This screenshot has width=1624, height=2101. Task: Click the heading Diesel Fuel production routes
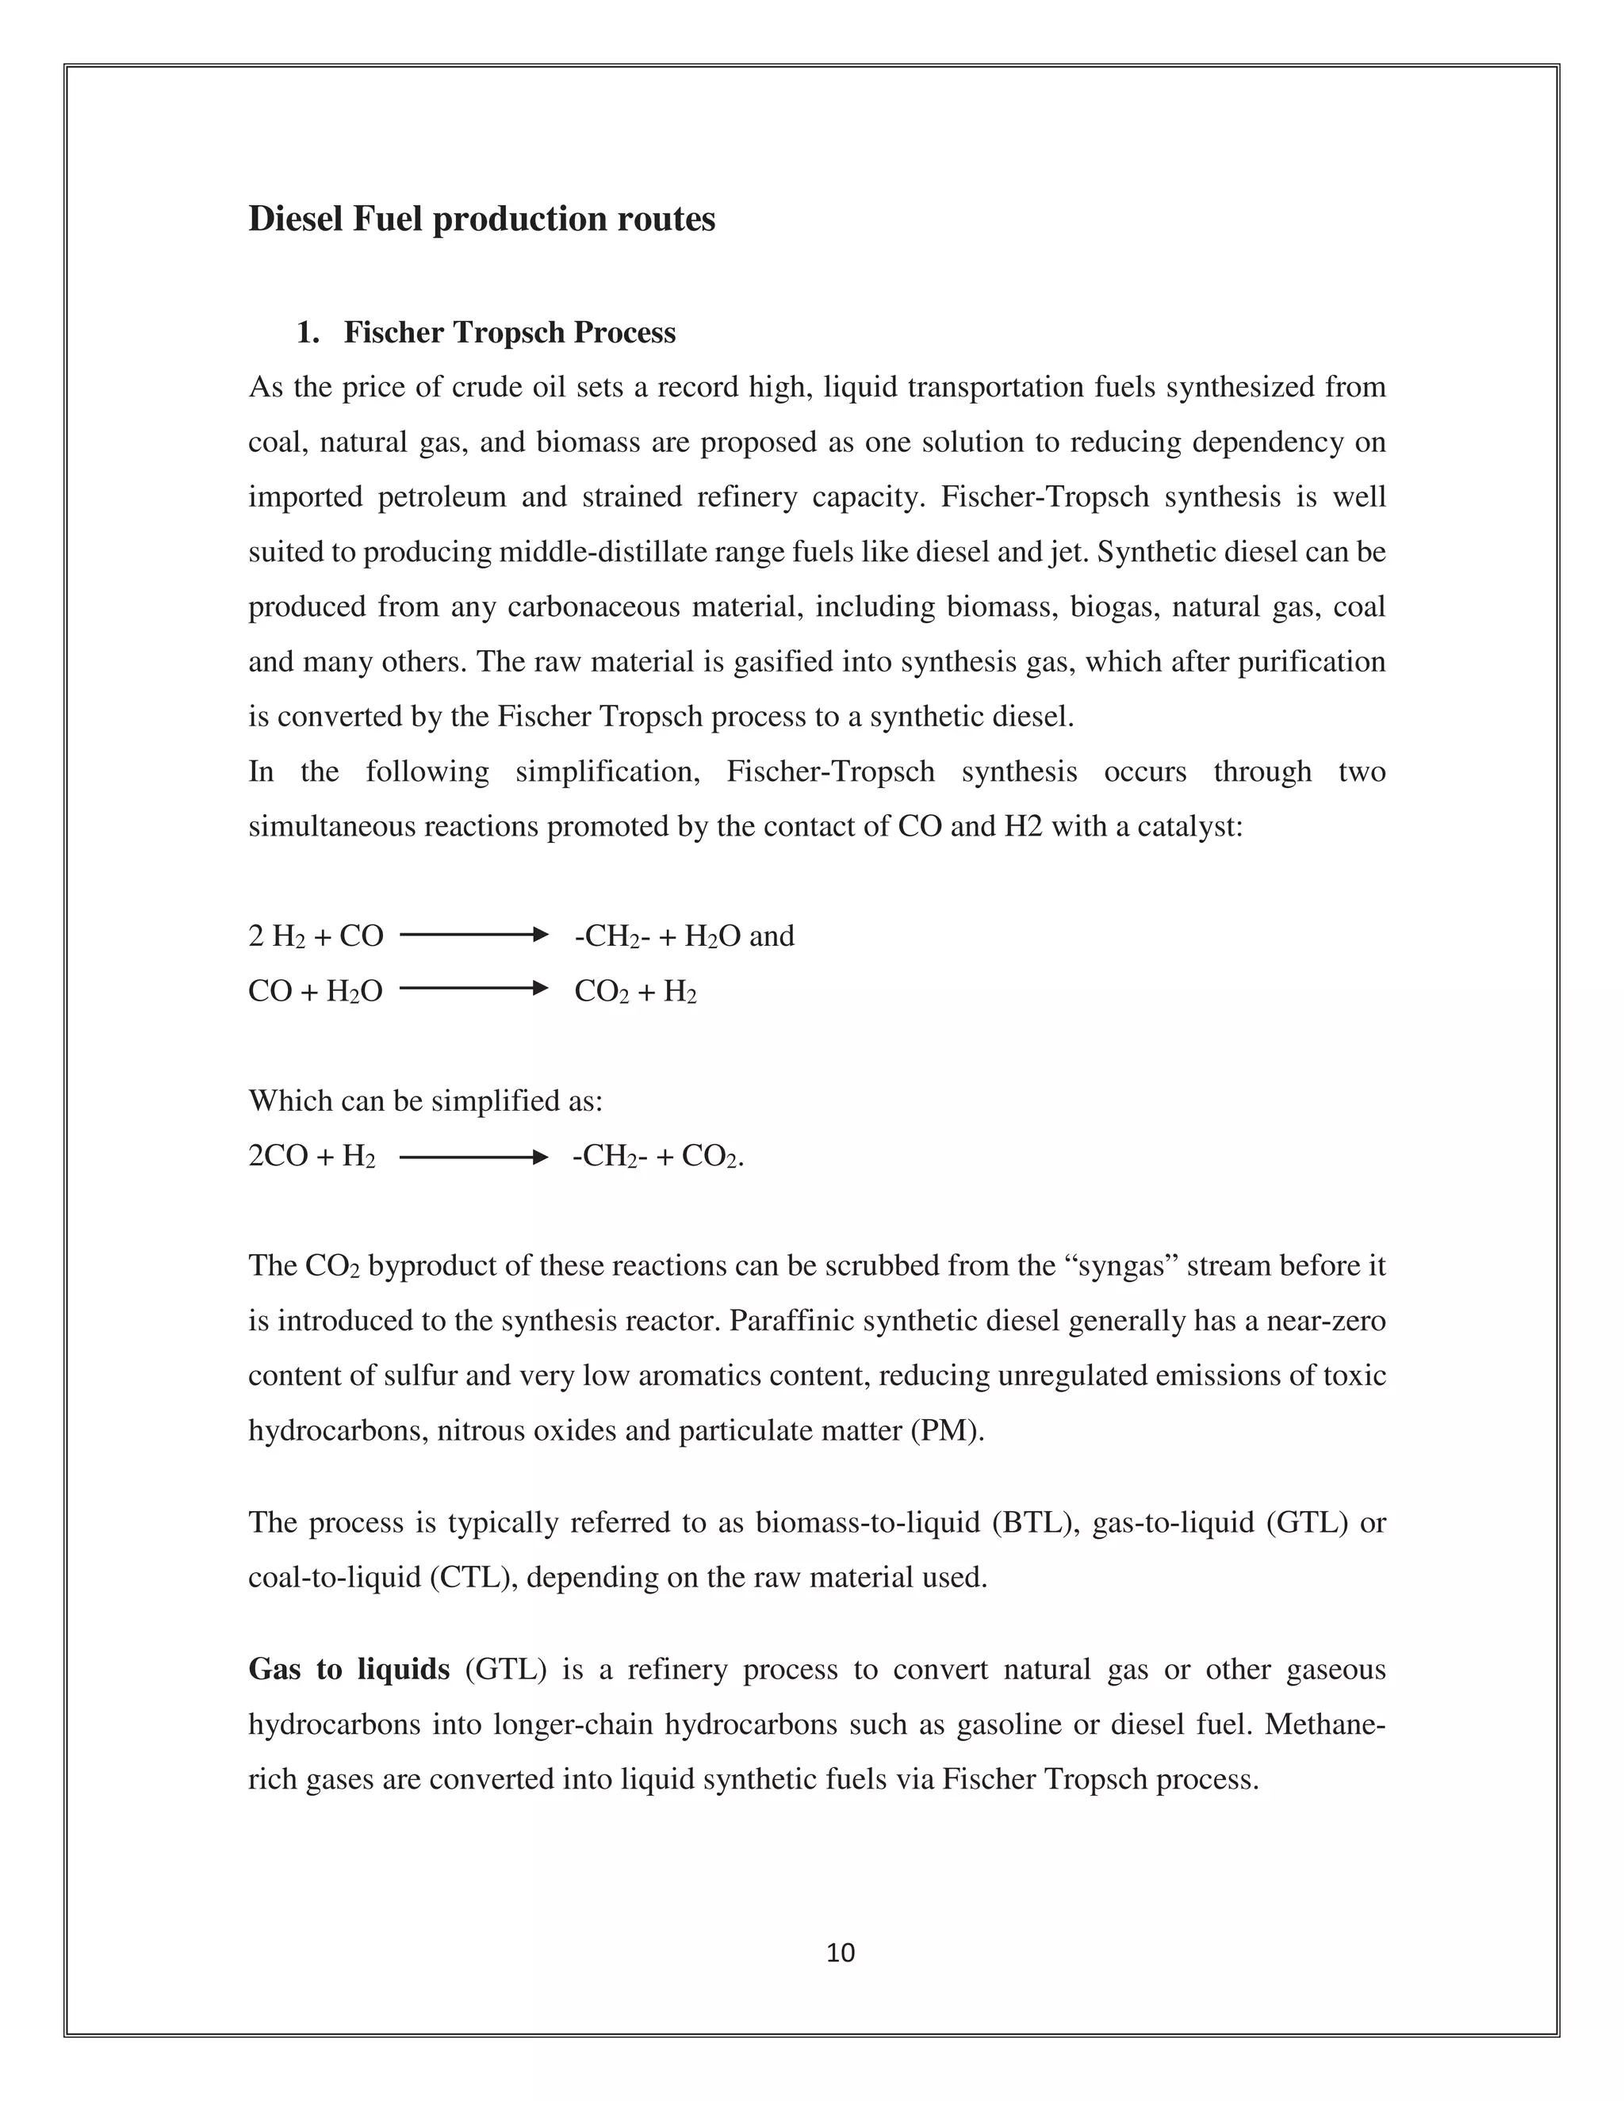tap(481, 220)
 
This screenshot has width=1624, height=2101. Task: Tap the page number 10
tap(840, 1953)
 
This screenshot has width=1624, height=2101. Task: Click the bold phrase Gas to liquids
tap(348, 1669)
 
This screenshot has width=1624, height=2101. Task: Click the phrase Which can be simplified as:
tap(425, 1100)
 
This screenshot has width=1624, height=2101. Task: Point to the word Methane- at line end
tap(1325, 1724)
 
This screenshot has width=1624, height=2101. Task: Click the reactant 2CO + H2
tap(312, 1156)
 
